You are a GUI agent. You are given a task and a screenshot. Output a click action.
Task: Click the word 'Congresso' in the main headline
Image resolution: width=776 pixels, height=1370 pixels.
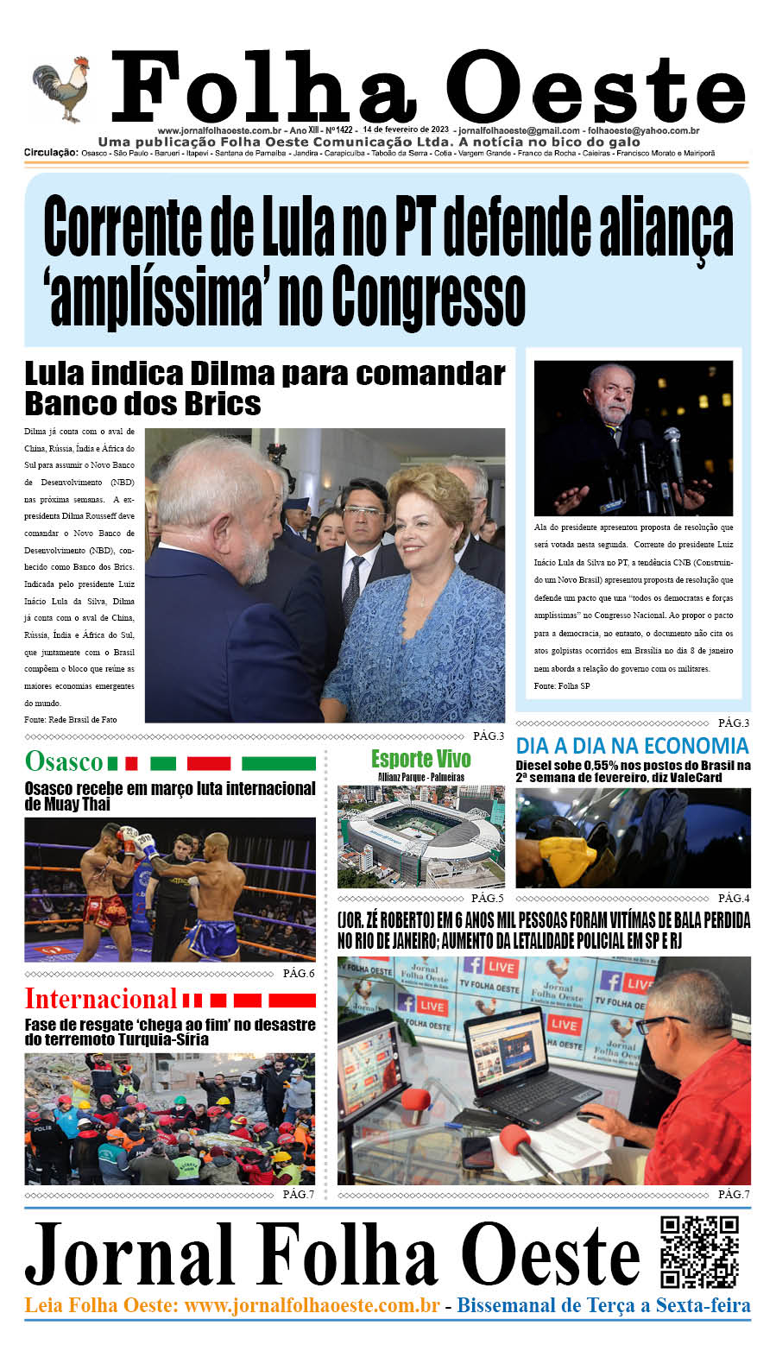tap(428, 296)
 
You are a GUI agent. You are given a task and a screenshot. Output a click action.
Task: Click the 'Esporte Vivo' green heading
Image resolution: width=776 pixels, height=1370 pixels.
tap(420, 759)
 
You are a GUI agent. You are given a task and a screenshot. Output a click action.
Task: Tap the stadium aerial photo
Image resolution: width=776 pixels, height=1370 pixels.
tap(420, 837)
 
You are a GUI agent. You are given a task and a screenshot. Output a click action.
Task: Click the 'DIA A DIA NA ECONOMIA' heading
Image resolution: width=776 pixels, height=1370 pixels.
tap(632, 746)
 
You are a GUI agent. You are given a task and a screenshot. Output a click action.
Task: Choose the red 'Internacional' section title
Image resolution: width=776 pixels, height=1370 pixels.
tap(100, 999)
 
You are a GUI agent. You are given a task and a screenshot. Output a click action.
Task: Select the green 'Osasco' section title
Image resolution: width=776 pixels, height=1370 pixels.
tap(64, 761)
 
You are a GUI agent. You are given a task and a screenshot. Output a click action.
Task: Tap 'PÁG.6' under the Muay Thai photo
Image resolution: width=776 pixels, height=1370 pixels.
tap(299, 973)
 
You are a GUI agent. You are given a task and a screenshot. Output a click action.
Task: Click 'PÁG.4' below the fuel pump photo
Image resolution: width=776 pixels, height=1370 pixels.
tap(734, 898)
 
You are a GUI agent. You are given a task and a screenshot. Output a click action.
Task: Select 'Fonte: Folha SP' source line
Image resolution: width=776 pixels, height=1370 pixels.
tap(562, 685)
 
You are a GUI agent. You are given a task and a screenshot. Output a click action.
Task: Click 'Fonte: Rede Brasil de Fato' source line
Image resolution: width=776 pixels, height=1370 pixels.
tap(70, 719)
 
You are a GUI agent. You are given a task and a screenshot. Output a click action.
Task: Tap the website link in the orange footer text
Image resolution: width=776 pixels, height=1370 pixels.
tap(312, 1305)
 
